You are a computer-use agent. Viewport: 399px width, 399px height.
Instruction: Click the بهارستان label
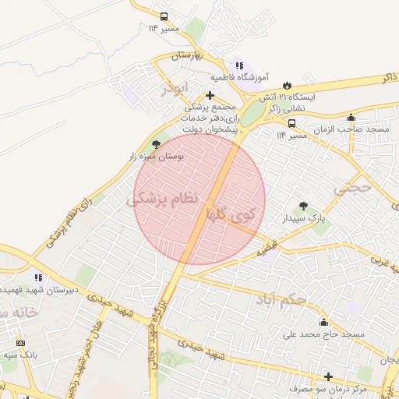[186, 57]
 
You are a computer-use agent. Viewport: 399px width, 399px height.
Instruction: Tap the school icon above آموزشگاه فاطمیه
[239, 66]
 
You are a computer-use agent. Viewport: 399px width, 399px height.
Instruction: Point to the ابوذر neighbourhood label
[175, 88]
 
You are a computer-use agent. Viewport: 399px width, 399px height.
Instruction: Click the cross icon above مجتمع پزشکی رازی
[210, 95]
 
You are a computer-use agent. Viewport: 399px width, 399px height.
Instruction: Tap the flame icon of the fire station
[288, 84]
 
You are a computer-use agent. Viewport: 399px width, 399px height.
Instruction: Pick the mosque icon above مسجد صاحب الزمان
[351, 118]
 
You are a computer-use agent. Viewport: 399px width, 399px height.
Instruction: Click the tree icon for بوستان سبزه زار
[156, 144]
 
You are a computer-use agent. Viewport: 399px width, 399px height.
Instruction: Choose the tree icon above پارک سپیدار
[303, 207]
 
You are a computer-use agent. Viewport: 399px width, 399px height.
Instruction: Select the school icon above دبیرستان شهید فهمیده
[38, 277]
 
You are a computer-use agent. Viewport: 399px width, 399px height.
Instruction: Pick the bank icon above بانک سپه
[20, 343]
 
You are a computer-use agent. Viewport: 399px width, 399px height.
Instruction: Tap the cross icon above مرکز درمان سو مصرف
[328, 376]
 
